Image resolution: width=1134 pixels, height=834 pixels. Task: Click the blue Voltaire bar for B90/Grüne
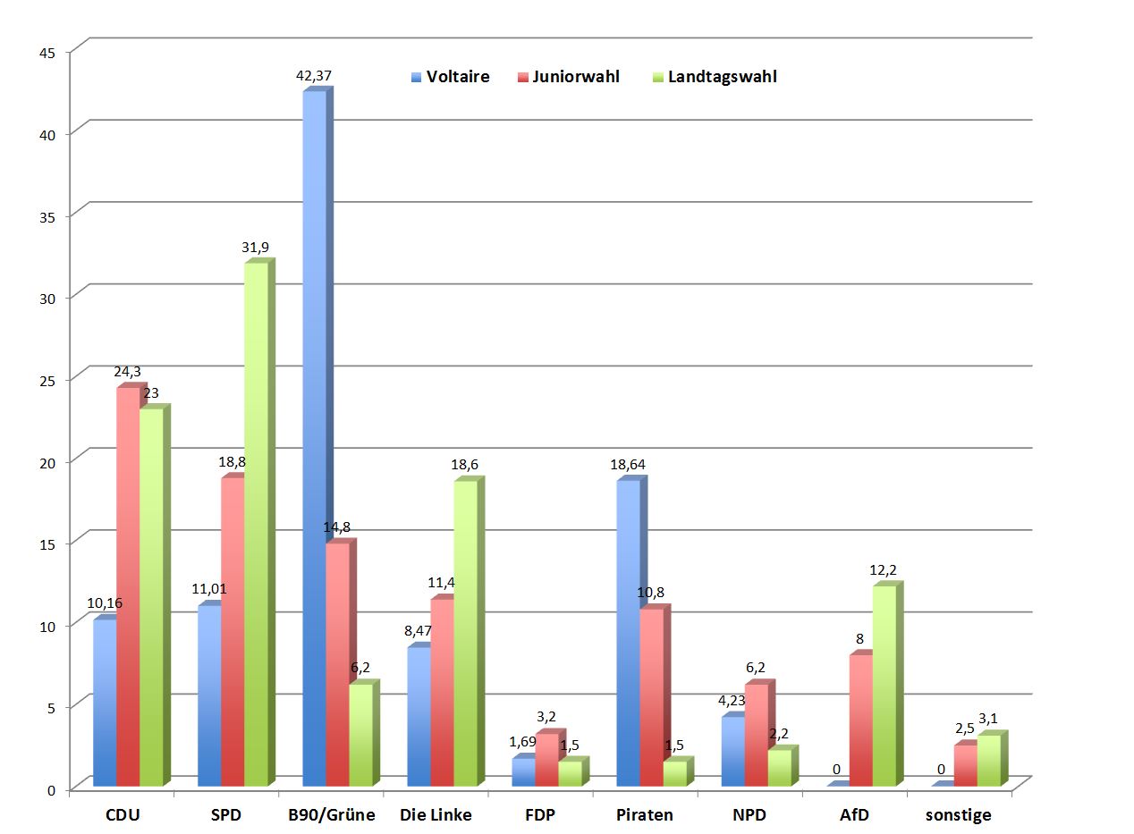click(x=314, y=438)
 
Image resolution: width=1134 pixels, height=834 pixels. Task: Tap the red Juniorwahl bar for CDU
click(x=128, y=586)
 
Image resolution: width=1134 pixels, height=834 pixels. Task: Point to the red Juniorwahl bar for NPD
click(x=756, y=735)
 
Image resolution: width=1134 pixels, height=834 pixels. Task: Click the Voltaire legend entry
click(x=451, y=77)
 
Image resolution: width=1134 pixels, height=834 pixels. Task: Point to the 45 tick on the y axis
click(x=48, y=53)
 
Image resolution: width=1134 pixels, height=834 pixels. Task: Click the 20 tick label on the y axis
click(x=48, y=462)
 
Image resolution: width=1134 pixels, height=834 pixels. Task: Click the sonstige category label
click(x=959, y=815)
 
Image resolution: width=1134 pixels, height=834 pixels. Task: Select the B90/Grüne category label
click(x=332, y=815)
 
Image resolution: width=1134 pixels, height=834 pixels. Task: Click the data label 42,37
click(x=313, y=76)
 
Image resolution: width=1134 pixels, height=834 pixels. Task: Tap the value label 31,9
click(x=256, y=247)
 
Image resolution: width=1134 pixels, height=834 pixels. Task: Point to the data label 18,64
click(x=627, y=465)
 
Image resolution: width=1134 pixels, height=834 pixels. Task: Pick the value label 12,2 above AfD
click(x=883, y=570)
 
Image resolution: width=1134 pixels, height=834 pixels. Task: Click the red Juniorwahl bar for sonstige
click(x=965, y=765)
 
